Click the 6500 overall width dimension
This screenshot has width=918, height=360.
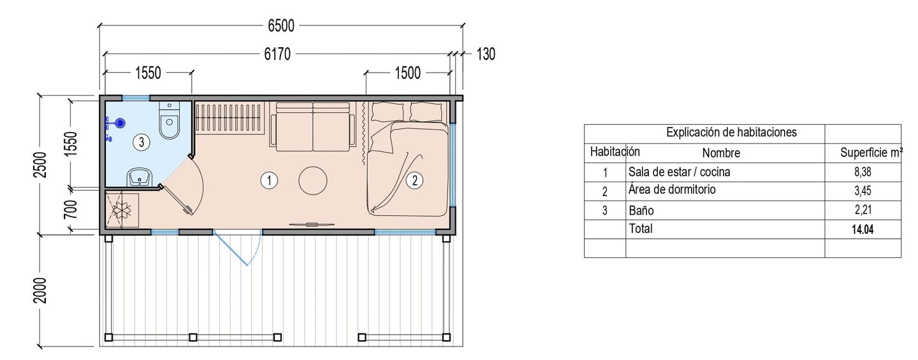coord(281,25)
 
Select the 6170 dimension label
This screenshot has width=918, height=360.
coord(277,54)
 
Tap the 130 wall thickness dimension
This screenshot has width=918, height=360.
coord(486,54)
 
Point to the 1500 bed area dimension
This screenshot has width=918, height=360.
coord(408,73)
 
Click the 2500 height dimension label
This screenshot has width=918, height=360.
coord(41,164)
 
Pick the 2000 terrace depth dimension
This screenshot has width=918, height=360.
coord(41,291)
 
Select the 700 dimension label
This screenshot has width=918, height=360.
coord(71,209)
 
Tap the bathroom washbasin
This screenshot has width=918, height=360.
coord(140,177)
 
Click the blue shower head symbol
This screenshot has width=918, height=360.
coord(120,123)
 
